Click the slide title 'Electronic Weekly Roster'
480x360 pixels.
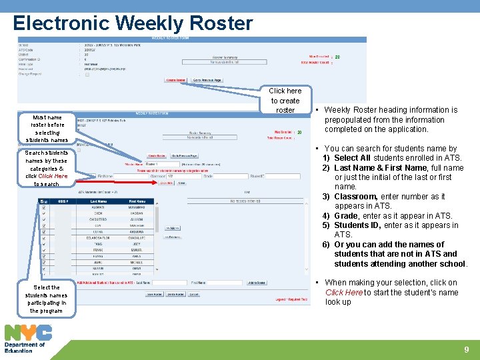(133, 23)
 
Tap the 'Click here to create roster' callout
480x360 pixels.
(285, 100)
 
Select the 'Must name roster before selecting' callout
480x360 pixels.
(47, 129)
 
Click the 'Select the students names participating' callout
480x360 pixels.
(47, 299)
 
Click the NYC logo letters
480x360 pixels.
(28, 332)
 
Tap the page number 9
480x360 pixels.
(466, 349)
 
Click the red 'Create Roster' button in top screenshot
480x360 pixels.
(176, 80)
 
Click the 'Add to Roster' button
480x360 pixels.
(257, 283)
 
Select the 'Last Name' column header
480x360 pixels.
(98, 201)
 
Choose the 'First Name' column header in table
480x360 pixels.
(137, 201)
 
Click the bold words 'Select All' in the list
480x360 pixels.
(353, 158)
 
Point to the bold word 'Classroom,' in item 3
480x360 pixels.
(357, 197)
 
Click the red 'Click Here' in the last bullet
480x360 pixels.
(344, 293)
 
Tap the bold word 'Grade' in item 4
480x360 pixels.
(347, 216)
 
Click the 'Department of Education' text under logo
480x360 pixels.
(24, 347)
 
